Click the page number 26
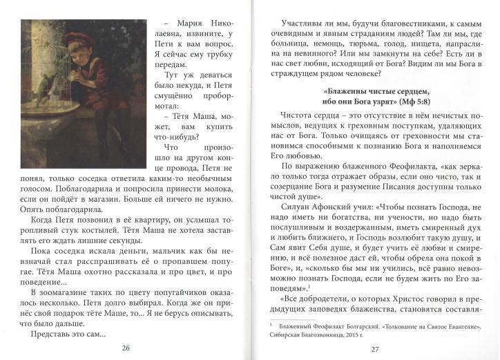pyautogui.click(x=125, y=348)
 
